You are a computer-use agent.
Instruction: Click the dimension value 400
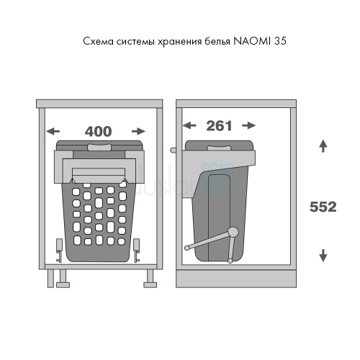[x=99, y=131]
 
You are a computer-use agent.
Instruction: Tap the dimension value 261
[x=219, y=126]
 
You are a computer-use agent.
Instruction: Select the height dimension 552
[x=323, y=207]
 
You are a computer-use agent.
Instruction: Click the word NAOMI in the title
[x=252, y=41]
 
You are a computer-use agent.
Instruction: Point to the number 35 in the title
[x=280, y=41]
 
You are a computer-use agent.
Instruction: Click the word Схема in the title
[x=98, y=41]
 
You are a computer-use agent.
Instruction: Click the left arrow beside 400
[x=53, y=131]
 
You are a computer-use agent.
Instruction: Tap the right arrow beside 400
[x=138, y=131]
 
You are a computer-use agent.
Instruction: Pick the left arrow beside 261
[x=189, y=125]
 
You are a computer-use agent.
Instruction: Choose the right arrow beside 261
[x=249, y=125]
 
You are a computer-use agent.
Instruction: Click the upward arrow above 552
[x=323, y=146]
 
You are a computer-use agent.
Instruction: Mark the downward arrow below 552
[x=323, y=256]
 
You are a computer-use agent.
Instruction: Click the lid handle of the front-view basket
[x=99, y=147]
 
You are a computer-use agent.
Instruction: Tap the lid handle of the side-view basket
[x=219, y=148]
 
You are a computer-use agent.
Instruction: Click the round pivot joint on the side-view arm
[x=233, y=232]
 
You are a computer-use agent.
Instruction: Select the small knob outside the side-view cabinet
[x=173, y=150]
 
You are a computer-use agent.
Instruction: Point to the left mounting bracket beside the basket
[x=59, y=250]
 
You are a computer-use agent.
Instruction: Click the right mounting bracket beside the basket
[x=137, y=250]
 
